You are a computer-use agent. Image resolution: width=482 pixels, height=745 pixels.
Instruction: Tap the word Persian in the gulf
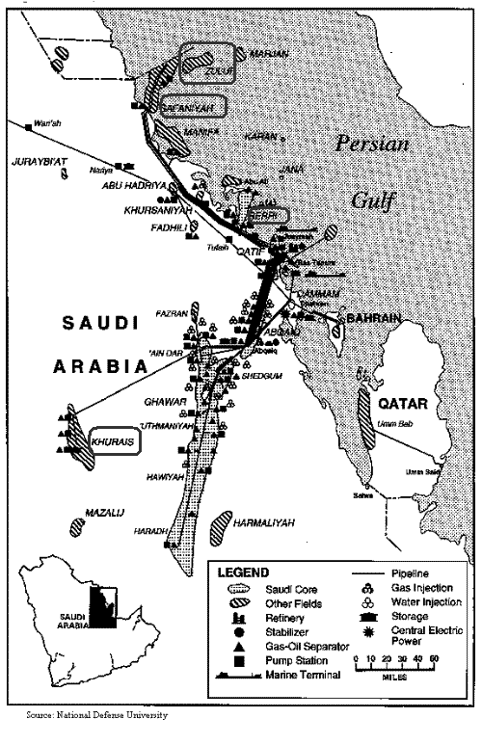tap(372, 145)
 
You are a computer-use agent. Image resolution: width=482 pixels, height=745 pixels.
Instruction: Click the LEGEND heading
tap(244, 572)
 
